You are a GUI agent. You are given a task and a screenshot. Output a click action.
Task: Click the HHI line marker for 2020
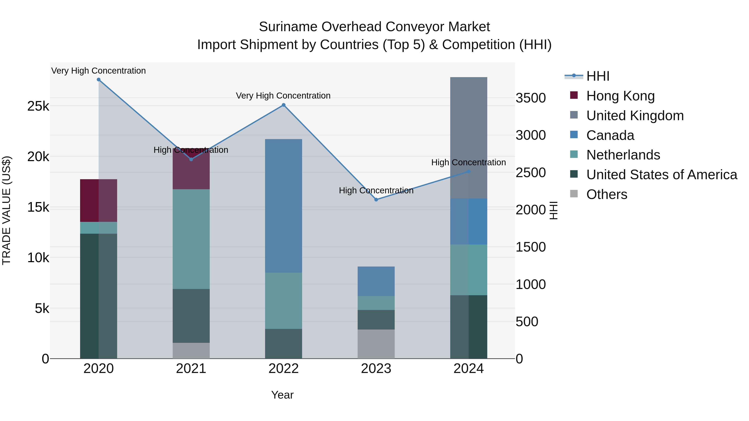(x=99, y=80)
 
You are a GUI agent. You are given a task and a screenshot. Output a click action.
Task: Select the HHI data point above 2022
(x=284, y=105)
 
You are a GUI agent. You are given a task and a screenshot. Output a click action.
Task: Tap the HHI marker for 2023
(x=376, y=200)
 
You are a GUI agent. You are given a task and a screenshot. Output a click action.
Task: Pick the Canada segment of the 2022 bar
(x=284, y=206)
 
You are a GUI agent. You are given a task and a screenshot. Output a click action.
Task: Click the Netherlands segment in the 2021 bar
(x=191, y=239)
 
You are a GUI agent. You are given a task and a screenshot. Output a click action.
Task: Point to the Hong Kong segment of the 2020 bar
(x=99, y=200)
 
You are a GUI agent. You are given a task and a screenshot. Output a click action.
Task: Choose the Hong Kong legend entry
(x=620, y=96)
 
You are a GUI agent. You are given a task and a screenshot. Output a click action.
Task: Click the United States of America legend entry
(x=661, y=175)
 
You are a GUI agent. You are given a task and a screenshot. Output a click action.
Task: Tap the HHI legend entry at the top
(x=598, y=76)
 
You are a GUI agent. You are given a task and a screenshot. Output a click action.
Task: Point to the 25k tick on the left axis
(x=38, y=106)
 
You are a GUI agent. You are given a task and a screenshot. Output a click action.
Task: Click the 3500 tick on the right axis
(x=531, y=98)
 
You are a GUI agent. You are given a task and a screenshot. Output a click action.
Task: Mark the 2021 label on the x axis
(x=191, y=369)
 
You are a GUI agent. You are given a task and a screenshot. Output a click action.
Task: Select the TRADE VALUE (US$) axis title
(x=6, y=210)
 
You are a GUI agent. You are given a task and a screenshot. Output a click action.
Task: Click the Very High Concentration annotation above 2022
(x=283, y=96)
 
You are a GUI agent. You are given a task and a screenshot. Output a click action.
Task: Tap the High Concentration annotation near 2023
(x=376, y=191)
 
